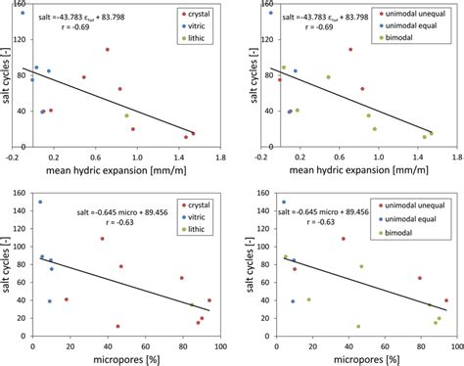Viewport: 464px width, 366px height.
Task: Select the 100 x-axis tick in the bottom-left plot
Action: tap(209, 344)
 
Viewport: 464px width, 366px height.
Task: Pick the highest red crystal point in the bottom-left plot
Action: tap(102, 239)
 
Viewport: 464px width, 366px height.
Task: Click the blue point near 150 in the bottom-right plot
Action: tap(284, 203)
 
